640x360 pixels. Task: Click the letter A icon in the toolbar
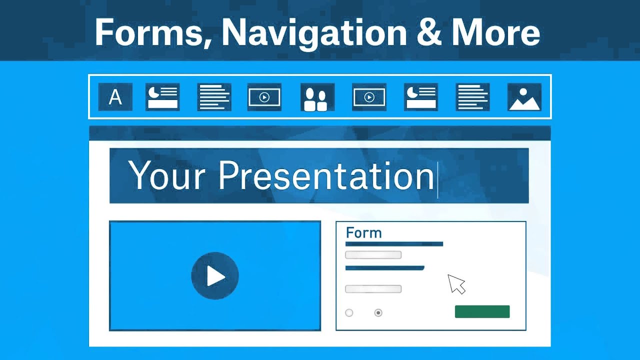point(115,97)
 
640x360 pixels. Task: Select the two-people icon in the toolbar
point(317,97)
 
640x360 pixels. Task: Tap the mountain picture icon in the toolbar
point(524,97)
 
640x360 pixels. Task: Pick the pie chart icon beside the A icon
point(162,97)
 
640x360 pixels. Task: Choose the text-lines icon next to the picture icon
point(472,97)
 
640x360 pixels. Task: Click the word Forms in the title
point(153,32)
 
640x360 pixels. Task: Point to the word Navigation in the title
point(314,32)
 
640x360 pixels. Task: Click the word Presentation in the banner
point(326,175)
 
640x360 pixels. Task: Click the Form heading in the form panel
point(363,233)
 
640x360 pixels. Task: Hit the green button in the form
point(482,311)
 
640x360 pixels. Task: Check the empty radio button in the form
point(349,313)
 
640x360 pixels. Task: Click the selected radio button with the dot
point(378,313)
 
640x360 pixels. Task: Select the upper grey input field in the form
point(373,255)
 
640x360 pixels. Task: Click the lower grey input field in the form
point(373,289)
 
